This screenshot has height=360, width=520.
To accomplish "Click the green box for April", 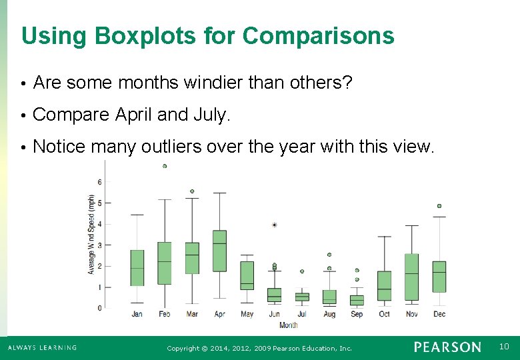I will coord(219,251).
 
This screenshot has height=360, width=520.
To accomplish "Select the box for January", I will coord(137,267).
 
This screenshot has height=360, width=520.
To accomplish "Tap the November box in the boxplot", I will coord(411,277).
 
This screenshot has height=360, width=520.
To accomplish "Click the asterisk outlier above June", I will coord(275,225).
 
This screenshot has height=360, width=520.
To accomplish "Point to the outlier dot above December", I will coord(439,206).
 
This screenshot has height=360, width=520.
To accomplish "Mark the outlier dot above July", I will coord(302,271).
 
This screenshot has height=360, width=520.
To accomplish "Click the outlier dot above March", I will coord(192,191).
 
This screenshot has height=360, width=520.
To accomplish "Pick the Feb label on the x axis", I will coord(165,314).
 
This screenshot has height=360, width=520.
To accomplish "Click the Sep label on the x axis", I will coord(357,314).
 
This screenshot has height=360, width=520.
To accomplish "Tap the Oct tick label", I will coord(384,314).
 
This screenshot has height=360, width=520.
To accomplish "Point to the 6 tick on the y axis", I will coord(99,181).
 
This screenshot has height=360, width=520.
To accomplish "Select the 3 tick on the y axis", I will coord(99,245).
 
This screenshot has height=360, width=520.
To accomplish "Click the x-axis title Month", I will coord(288,325).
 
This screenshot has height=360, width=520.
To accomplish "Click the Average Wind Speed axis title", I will coord(91,235).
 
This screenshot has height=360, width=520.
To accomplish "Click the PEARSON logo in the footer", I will coord(447,347).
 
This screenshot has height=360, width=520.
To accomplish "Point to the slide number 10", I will coord(503,347).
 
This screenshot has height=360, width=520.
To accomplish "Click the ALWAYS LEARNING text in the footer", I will coord(42,347).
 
